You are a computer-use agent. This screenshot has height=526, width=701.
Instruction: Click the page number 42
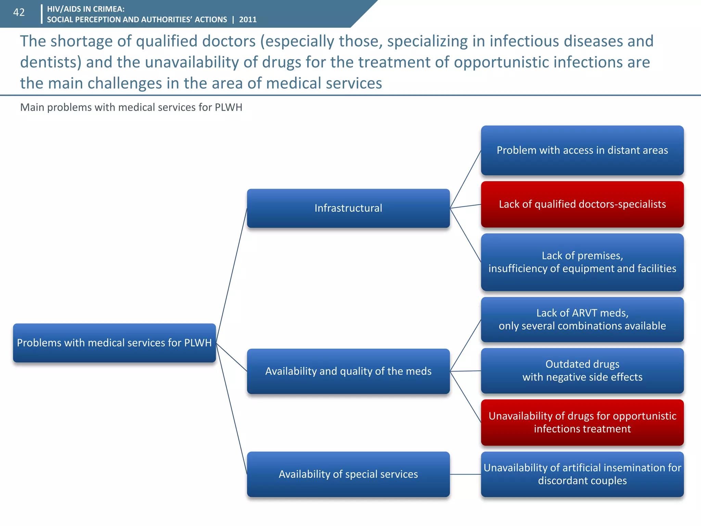coord(19,13)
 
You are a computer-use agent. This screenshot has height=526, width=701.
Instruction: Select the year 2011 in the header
coord(248,20)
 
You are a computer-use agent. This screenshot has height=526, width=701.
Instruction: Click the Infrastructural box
coord(348,208)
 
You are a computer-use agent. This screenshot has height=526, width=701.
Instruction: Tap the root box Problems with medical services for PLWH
coord(114,343)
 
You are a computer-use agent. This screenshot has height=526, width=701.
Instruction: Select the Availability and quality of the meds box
coord(348,371)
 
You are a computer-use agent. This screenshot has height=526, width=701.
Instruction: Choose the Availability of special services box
coord(348,474)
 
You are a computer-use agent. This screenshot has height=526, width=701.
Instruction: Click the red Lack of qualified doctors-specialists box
coord(582,204)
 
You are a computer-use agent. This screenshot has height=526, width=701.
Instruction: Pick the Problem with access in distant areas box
coord(582,150)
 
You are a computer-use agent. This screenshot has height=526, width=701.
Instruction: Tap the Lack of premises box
coord(582,262)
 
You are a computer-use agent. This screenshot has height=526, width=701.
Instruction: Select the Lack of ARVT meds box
coord(582,320)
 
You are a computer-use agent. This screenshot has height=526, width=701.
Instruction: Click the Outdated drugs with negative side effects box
coord(582,371)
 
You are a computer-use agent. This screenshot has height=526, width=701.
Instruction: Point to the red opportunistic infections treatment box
coord(582,422)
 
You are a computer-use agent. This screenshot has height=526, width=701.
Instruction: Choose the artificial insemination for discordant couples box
coord(582,474)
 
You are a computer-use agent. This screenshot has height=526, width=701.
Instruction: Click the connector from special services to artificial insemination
coord(466,474)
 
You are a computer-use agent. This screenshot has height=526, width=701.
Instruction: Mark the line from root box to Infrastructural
coord(232,274)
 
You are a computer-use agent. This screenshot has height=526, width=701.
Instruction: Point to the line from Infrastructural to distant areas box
coord(466,179)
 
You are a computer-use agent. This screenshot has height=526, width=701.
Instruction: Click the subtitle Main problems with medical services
coord(131,108)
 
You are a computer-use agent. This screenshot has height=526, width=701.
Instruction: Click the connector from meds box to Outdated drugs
coord(466,371)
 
